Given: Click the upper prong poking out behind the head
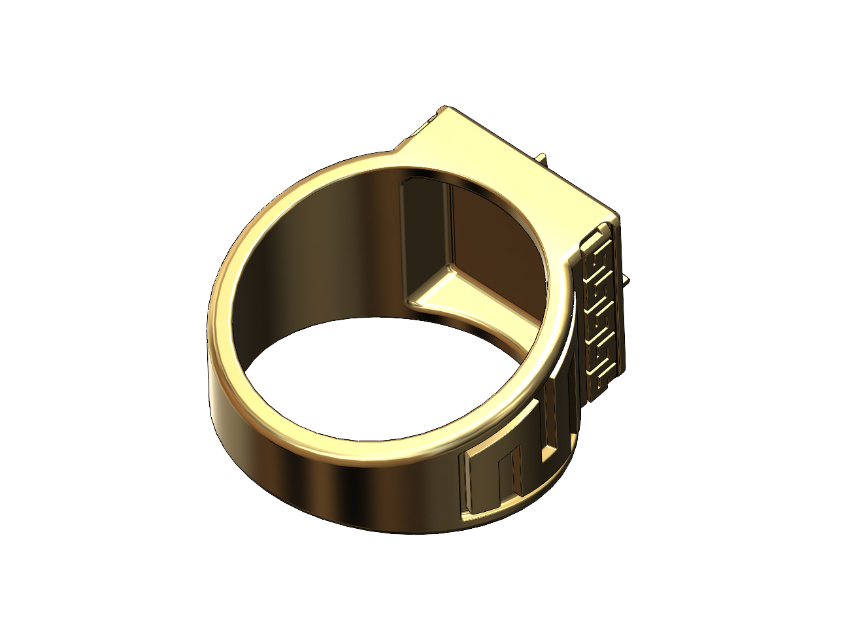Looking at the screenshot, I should [x=542, y=159].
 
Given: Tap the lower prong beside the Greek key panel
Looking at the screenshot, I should [x=626, y=282].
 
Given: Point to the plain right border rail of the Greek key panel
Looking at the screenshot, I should [x=618, y=307].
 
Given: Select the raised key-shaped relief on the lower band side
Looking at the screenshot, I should [x=516, y=477].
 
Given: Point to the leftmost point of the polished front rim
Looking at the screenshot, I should [x=210, y=327].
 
